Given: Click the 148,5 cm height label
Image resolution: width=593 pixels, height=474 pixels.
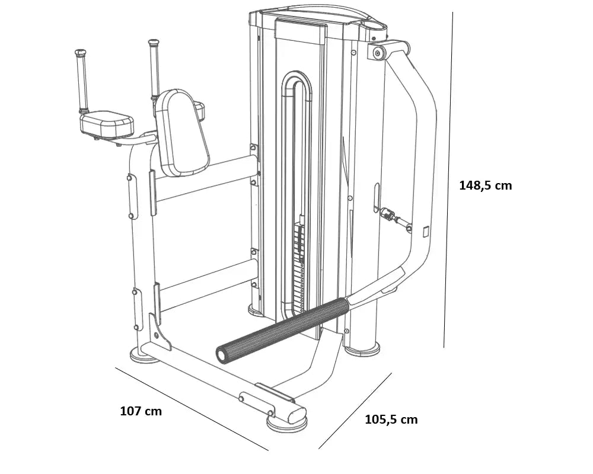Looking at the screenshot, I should point(485,185).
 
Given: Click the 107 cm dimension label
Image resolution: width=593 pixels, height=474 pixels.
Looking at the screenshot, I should point(141,411).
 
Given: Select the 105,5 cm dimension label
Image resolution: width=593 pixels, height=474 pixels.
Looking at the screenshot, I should point(391,419).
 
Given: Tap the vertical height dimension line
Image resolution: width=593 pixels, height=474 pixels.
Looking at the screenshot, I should point(448,178).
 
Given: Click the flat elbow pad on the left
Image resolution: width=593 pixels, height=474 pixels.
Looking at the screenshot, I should point(107,123).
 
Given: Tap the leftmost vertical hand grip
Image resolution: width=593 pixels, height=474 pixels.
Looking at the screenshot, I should point(82,80).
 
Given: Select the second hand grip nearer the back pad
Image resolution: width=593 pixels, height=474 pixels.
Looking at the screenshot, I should point(154,68).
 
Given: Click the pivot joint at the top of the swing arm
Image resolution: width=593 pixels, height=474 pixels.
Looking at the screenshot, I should point(378,53).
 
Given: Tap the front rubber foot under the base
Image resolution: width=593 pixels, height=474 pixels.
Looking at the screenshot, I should point(286,423).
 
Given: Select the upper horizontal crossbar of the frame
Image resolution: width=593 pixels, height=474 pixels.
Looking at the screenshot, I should point(205,178).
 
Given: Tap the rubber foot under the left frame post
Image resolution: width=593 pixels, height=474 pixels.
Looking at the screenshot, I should point(142,357).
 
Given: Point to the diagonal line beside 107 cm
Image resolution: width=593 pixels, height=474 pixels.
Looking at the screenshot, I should point(190,408).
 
